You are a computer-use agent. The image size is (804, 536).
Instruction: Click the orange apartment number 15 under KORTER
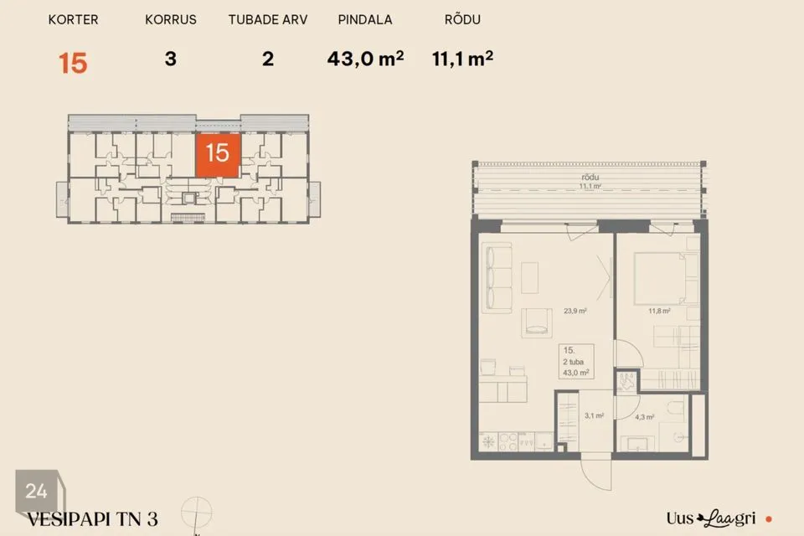[73, 63]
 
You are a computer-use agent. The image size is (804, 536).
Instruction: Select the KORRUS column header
[171, 19]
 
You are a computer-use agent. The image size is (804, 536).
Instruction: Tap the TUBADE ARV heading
[268, 19]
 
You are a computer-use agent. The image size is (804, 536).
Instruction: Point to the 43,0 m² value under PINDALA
[365, 59]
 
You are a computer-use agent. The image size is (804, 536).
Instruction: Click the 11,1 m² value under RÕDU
[462, 59]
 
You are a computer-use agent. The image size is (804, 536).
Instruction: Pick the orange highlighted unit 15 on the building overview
[218, 155]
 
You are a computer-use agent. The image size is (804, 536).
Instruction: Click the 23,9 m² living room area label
[575, 311]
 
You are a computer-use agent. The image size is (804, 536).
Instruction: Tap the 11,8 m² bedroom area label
[659, 311]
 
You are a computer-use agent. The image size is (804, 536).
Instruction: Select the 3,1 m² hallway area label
[594, 415]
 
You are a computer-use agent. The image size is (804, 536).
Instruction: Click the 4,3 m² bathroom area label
[645, 417]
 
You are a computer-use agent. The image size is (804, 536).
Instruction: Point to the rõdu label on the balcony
[590, 177]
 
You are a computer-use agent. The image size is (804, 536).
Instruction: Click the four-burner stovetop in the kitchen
[508, 441]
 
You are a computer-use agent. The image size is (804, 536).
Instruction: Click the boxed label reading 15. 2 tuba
[576, 362]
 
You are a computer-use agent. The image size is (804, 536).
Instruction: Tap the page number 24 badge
[37, 491]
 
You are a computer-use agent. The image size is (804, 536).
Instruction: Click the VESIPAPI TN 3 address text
[92, 519]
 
